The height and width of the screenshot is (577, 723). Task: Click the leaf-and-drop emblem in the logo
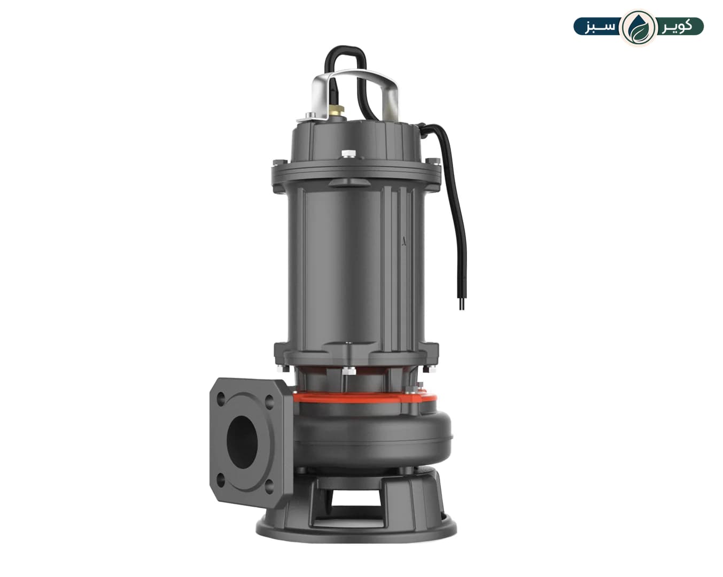coord(639,27)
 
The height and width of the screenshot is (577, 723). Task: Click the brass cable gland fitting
coord(336,110)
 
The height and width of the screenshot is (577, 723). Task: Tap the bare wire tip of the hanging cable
coord(462,305)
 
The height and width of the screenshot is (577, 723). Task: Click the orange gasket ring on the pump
coord(364,399)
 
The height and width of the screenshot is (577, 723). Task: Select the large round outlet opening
coord(242,442)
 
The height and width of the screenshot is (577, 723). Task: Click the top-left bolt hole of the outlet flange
coord(221,399)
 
